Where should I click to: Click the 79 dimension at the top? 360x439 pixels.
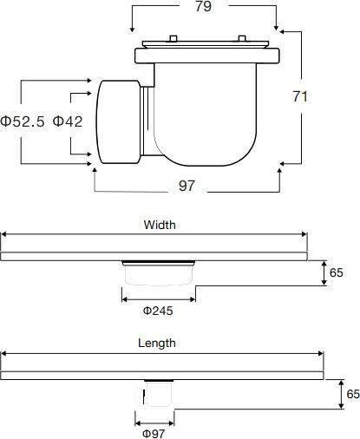coord(204,6)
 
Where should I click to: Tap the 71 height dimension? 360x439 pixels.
coord(300,96)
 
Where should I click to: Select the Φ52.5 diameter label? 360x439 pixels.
coord(23,121)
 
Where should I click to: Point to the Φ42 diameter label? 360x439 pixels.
coord(68,121)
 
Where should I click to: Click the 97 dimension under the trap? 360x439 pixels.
coord(187,186)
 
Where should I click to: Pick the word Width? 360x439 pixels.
coord(160,225)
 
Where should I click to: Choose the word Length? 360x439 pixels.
coord(157,343)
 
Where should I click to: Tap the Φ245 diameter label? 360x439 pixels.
coord(158,311)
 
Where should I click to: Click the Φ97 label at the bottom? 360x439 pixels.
coord(154,434)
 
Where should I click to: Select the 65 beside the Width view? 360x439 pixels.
coord(337,272)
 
